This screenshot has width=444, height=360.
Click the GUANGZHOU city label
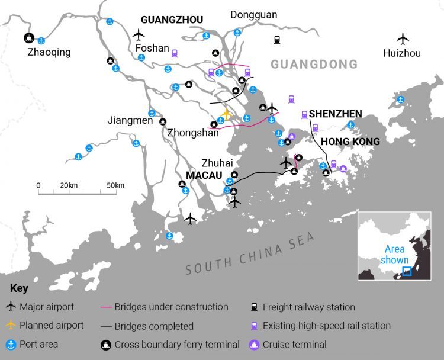172,20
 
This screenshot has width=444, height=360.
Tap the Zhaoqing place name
49,52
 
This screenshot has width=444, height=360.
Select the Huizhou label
402,53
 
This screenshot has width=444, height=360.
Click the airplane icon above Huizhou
403,39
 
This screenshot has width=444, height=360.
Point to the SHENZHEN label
335,114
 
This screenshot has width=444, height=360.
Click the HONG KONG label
350,142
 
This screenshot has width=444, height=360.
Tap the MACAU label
204,176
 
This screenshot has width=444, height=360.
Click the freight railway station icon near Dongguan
277,40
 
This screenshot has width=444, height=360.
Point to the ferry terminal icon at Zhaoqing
28,38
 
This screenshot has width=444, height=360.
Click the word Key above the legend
18,288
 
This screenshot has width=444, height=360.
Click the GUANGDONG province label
314,64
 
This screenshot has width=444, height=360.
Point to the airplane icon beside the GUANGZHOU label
139,34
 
